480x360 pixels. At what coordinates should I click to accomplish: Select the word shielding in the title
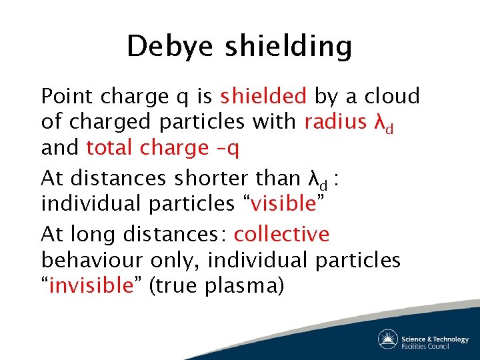pyautogui.click(x=288, y=47)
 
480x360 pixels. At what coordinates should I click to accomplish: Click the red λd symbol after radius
pyautogui.click(x=383, y=123)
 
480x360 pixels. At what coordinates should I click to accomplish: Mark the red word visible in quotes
pyautogui.click(x=281, y=203)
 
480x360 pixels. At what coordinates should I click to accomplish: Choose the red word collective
pyautogui.click(x=281, y=234)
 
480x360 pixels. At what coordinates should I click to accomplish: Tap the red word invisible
pyautogui.click(x=91, y=285)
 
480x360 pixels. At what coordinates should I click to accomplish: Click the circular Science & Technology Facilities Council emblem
pyautogui.click(x=388, y=339)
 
